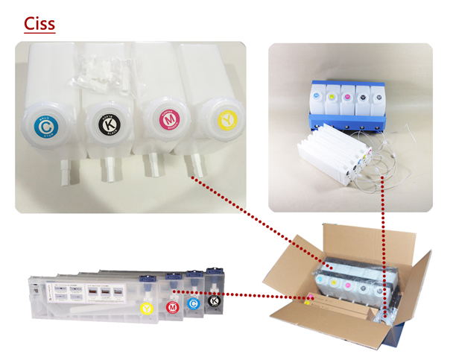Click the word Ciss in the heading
click(x=39, y=22)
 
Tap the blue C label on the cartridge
click(x=193, y=303)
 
